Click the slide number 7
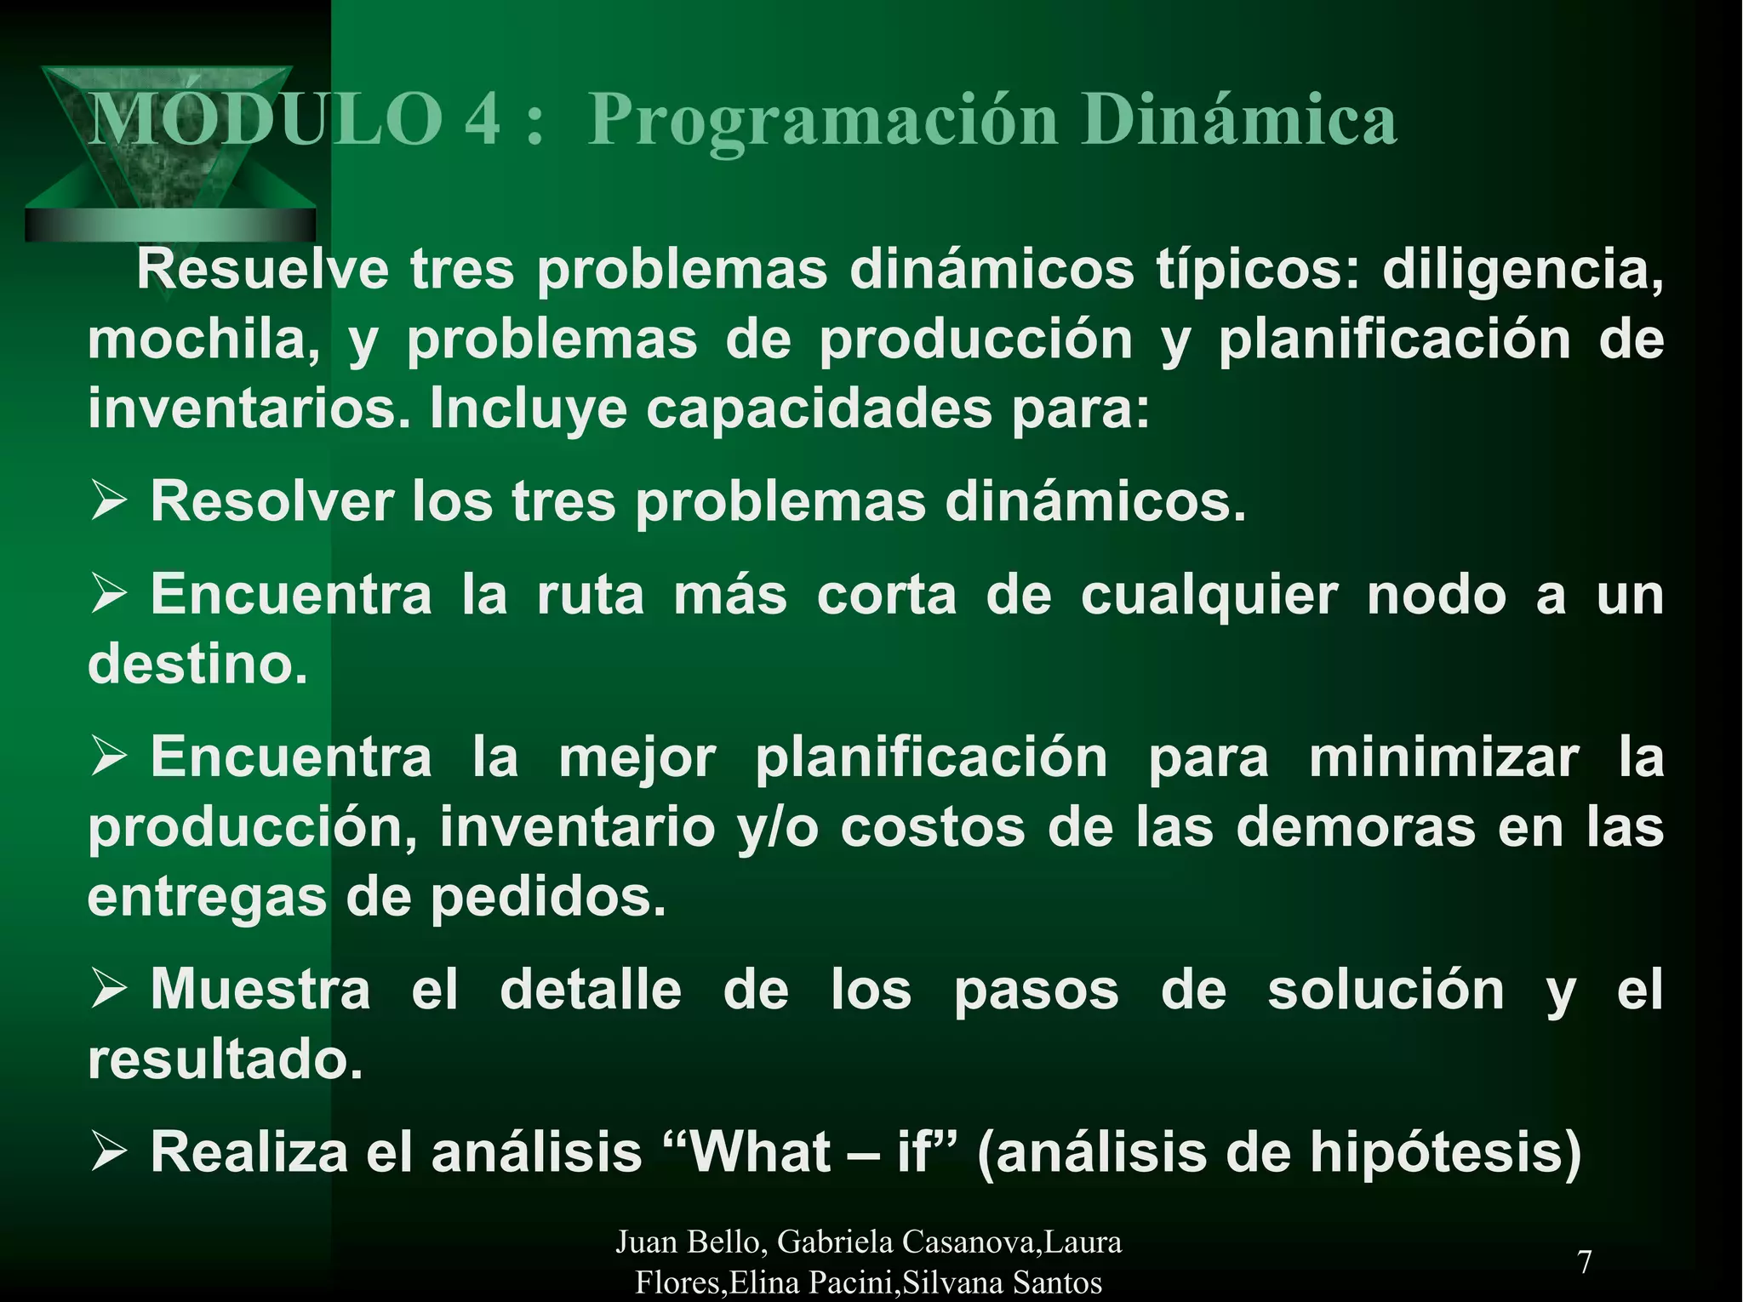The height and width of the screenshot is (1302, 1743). pyautogui.click(x=1585, y=1261)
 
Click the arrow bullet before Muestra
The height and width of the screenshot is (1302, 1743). pyautogui.click(x=109, y=990)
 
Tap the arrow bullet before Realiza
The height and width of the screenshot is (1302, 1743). pyautogui.click(x=109, y=1152)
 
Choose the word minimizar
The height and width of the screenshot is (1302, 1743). pyautogui.click(x=1443, y=757)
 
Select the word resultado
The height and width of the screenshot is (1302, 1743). pyautogui.click(x=225, y=1059)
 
